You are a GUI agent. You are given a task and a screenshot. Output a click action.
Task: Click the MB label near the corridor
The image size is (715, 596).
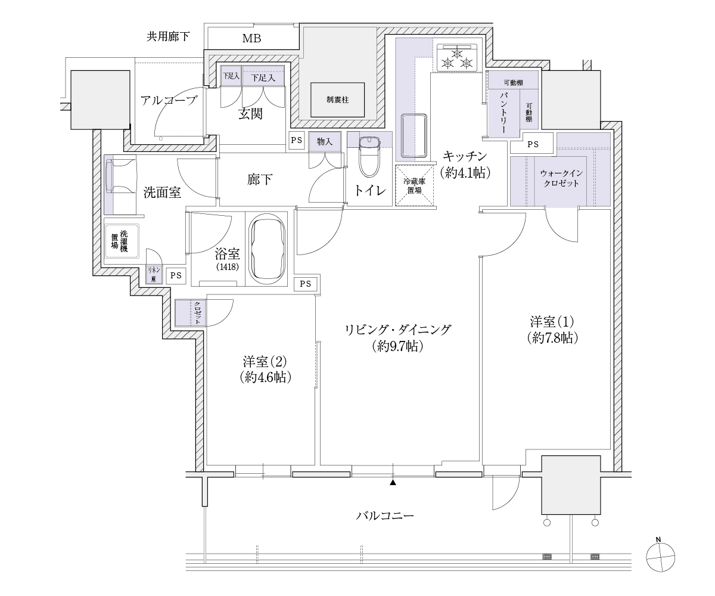tap(251, 38)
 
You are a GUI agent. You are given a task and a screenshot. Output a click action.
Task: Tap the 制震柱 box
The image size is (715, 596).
tap(337, 100)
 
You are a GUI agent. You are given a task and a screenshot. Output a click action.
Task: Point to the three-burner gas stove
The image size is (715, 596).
tap(457, 58)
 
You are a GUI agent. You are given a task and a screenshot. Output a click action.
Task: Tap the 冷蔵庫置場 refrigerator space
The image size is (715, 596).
tap(414, 185)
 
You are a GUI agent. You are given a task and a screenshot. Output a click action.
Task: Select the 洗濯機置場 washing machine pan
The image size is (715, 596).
tap(122, 241)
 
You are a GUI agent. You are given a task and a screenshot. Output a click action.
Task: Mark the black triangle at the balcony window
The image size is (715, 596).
tap(393, 483)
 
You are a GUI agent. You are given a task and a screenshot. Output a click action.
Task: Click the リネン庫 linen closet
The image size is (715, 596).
tap(154, 275)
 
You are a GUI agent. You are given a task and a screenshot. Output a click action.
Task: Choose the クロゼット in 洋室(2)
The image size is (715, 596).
tap(191, 313)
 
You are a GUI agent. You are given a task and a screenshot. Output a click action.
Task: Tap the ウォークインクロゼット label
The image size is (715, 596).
tap(561, 178)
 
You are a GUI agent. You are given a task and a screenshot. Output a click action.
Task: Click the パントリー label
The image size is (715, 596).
tap(503, 113)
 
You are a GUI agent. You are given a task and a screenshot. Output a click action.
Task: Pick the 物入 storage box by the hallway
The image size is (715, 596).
tap(325, 142)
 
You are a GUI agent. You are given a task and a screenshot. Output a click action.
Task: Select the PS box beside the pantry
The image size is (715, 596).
tap(532, 144)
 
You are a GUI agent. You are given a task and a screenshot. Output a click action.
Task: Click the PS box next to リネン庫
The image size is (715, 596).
tap(176, 275)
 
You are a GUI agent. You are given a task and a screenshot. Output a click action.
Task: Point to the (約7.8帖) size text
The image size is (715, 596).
tap(553, 338)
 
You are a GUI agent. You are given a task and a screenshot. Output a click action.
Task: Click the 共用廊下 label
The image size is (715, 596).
tap(168, 36)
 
